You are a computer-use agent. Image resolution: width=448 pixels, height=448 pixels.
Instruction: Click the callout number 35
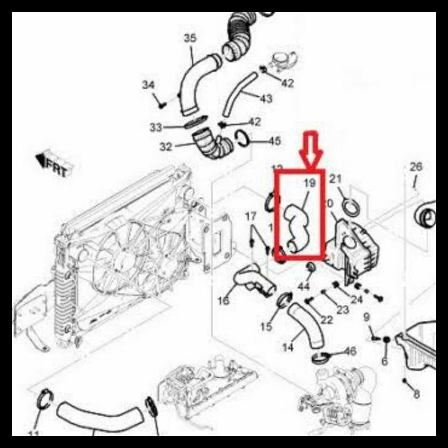(x=190, y=38)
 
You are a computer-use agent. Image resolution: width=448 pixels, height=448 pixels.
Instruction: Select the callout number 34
(x=149, y=85)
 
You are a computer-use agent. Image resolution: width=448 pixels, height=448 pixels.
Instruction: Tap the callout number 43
(x=265, y=98)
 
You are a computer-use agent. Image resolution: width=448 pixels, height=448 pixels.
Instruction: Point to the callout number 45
(x=274, y=141)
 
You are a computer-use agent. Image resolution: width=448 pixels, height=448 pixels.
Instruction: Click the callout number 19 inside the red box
(x=309, y=182)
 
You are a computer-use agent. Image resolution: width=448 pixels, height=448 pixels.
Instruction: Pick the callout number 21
(x=336, y=179)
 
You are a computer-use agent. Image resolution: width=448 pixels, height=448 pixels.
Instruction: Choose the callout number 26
(x=416, y=166)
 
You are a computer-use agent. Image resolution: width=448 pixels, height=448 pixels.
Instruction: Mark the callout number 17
(x=250, y=216)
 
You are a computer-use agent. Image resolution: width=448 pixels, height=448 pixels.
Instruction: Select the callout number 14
(x=288, y=348)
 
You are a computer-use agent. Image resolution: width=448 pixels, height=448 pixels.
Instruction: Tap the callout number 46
(x=350, y=351)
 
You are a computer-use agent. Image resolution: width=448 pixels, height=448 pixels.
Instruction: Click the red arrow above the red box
(x=312, y=149)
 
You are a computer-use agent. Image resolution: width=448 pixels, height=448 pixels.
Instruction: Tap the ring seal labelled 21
(x=350, y=207)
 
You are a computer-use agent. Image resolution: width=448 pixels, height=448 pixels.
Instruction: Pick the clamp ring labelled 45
(x=241, y=139)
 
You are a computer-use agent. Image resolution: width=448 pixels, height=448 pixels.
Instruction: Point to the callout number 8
(x=416, y=395)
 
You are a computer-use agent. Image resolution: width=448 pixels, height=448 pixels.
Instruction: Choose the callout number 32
(x=166, y=147)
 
